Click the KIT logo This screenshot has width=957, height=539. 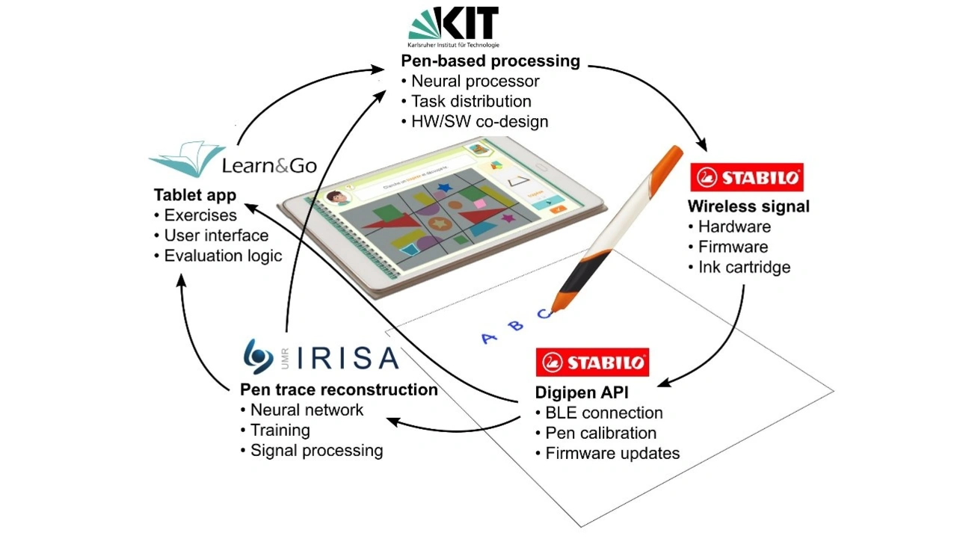(x=454, y=25)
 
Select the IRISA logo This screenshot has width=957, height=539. (x=321, y=357)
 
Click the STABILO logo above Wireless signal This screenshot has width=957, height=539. (x=747, y=178)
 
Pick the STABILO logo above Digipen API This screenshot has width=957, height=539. (x=592, y=363)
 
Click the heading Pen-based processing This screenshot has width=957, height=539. (x=490, y=61)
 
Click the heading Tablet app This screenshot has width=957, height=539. (x=195, y=195)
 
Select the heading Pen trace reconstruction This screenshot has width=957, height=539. (x=339, y=389)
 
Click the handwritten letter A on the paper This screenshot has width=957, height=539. (x=489, y=338)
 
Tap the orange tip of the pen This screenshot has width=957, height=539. (x=556, y=304)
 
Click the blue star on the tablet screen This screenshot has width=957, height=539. (x=444, y=187)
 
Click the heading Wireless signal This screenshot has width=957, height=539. (x=748, y=206)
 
